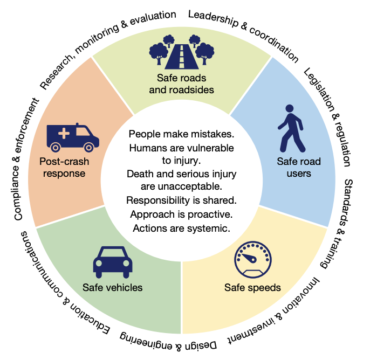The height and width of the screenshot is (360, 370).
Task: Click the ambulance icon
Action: [71, 137]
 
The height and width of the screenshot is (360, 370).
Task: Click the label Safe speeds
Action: [252, 287]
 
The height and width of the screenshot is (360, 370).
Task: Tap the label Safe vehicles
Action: [112, 287]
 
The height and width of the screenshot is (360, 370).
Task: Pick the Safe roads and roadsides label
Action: [182, 83]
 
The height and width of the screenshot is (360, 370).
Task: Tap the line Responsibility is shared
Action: [181, 200]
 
